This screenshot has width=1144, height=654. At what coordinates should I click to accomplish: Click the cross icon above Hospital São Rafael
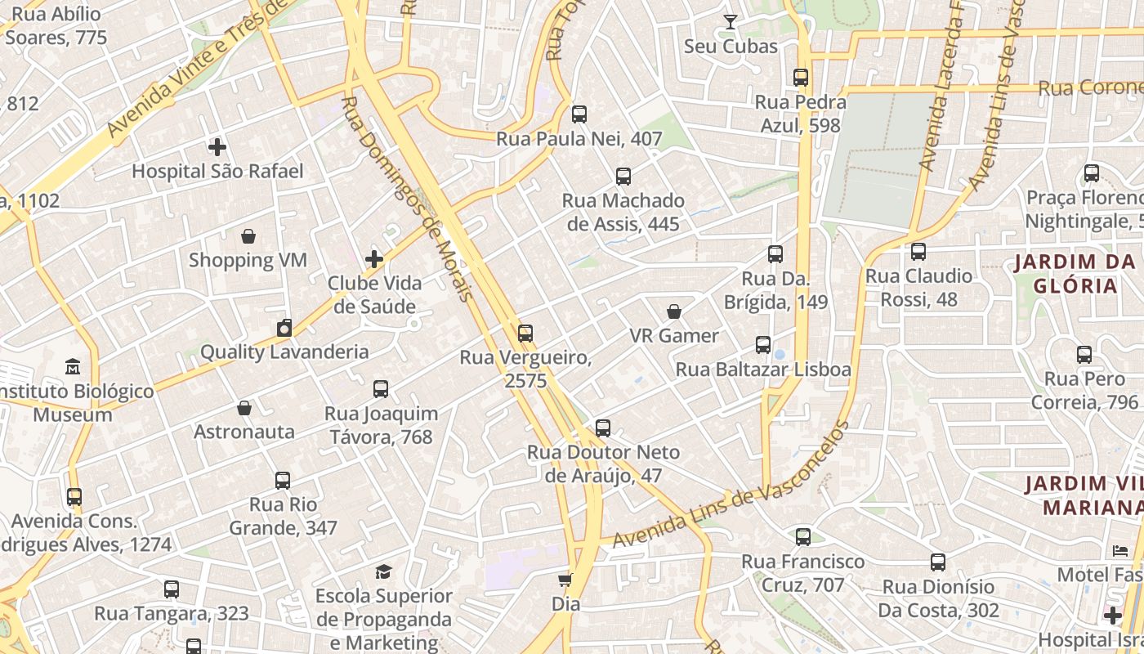point(217,147)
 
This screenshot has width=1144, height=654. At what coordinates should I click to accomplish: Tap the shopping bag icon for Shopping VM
point(248,236)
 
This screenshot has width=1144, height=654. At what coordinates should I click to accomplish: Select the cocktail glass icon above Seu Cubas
point(731,22)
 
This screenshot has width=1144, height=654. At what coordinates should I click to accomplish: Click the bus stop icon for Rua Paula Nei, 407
point(579,114)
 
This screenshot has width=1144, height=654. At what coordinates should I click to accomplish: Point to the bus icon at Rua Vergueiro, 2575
point(525,334)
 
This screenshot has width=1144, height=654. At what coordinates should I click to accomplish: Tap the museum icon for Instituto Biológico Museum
point(73,366)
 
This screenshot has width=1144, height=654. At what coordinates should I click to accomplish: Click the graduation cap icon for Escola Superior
point(383,571)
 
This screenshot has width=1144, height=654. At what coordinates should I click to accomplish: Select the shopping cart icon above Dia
point(565,580)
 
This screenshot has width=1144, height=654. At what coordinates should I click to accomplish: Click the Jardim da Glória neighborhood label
point(1075,274)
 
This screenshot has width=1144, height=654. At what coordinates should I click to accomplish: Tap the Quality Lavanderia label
point(284,352)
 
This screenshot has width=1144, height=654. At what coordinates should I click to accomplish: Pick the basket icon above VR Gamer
point(674,311)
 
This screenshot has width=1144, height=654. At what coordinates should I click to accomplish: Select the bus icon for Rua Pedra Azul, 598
point(801,78)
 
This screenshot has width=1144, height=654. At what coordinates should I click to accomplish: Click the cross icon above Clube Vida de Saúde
point(374,259)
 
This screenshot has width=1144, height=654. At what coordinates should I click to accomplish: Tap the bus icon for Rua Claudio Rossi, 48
point(918,252)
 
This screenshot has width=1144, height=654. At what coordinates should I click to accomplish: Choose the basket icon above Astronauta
point(244,408)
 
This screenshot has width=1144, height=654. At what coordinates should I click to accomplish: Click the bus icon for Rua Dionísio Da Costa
point(938,562)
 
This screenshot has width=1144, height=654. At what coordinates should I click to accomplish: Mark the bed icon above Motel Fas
point(1120,551)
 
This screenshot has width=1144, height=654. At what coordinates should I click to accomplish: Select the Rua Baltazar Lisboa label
point(763,370)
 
